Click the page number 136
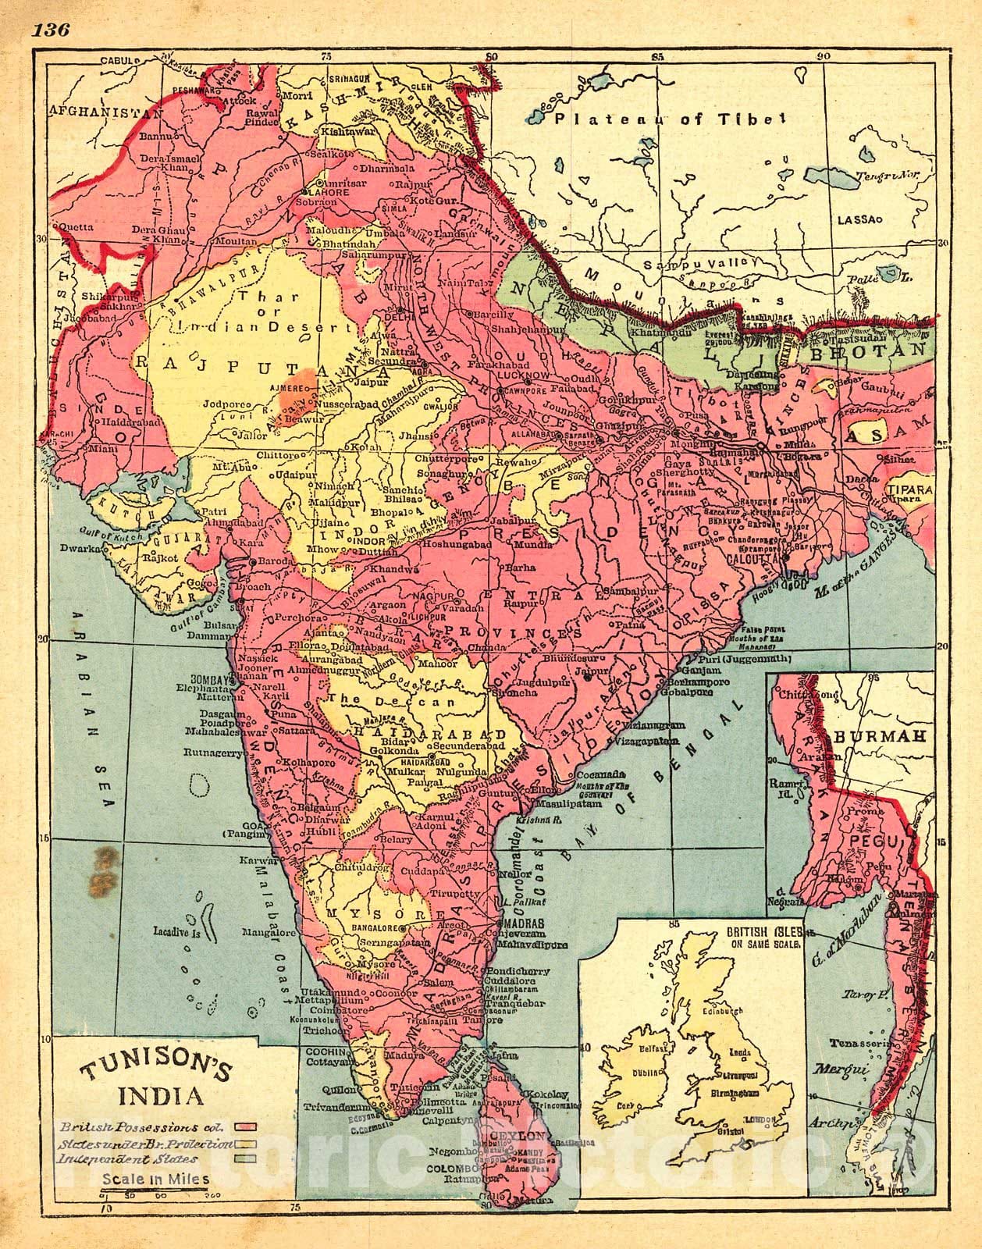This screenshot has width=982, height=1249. point(52,30)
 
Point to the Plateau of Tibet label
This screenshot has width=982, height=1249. point(668,119)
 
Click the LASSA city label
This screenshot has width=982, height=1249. point(856,221)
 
